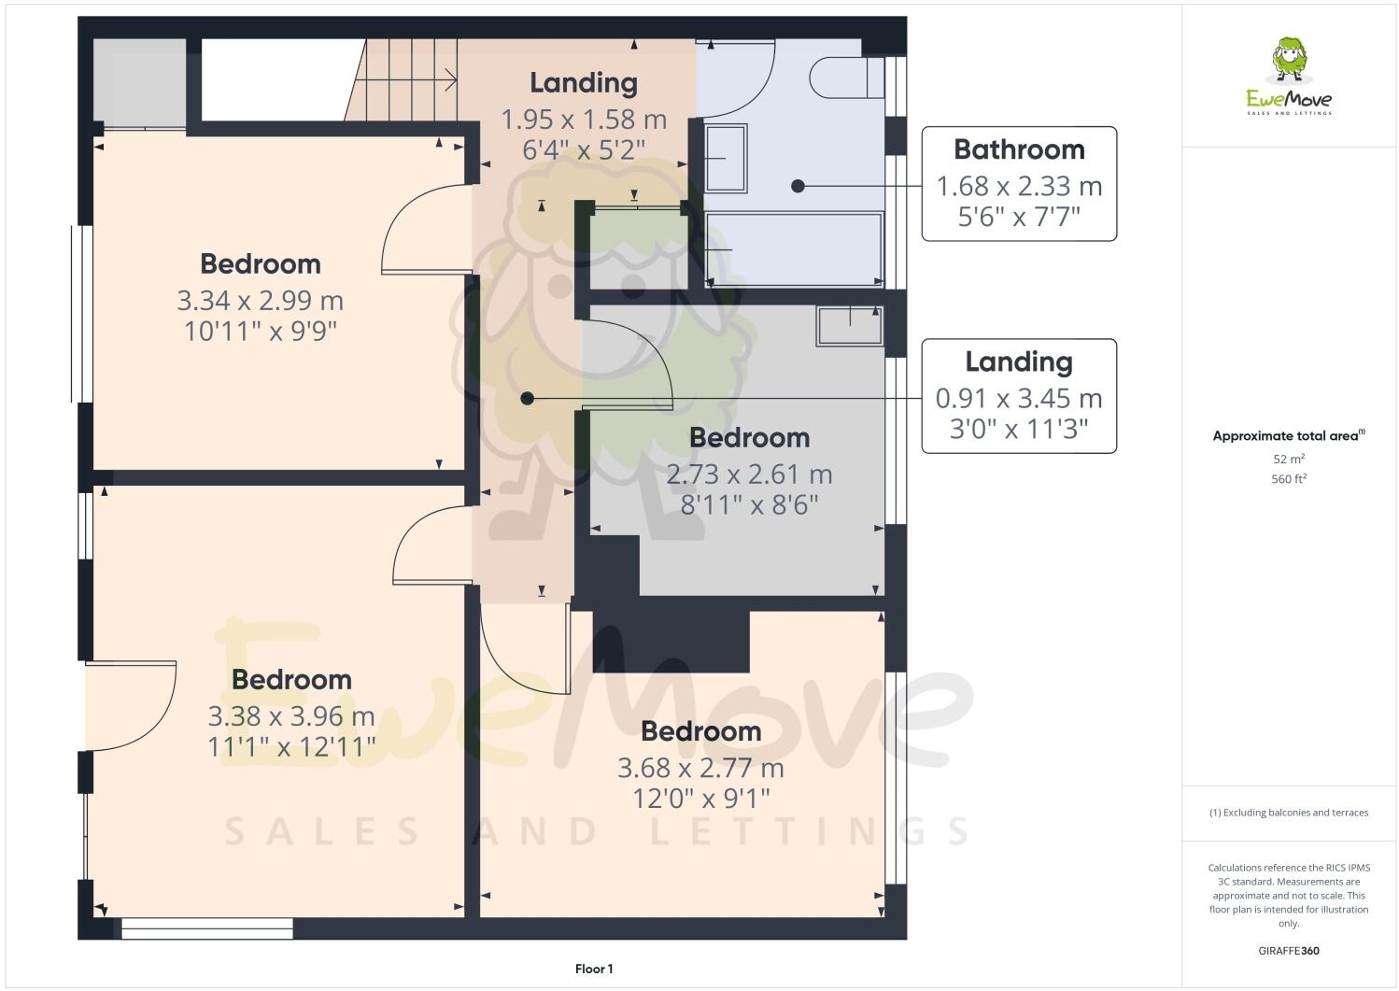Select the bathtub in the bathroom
[794, 249]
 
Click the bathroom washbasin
[726, 159]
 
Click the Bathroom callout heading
[1019, 149]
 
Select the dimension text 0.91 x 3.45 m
[1019, 399]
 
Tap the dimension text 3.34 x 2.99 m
[260, 301]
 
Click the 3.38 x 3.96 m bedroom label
[291, 716]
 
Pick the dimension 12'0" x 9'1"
[700, 799]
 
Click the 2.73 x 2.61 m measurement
[749, 474]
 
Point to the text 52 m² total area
[1289, 460]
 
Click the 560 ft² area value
[1289, 479]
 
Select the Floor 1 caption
[594, 969]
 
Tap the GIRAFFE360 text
[1289, 951]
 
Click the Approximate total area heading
[1288, 435]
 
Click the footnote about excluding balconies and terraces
[1289, 813]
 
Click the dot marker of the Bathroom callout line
[798, 186]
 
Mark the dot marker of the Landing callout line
[527, 398]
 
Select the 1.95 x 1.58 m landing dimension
[584, 120]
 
